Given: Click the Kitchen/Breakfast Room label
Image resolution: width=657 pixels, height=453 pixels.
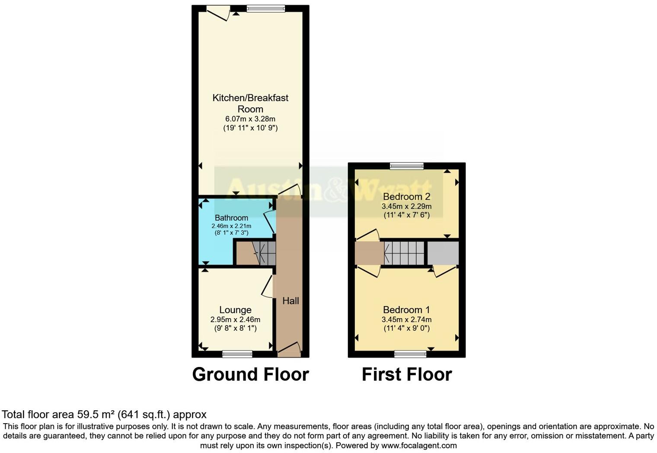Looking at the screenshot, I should point(250,103).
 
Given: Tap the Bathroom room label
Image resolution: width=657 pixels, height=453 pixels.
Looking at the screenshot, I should point(231,218).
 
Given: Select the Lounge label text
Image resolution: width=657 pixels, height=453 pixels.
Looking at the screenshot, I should point(235,310).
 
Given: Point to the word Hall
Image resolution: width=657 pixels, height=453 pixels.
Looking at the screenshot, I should point(290,301).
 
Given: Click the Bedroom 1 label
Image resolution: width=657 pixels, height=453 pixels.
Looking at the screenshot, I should point(406,310).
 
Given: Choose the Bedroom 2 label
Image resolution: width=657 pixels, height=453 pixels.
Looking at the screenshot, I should point(406,197).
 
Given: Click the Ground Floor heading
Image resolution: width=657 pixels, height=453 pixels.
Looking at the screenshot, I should point(250,374).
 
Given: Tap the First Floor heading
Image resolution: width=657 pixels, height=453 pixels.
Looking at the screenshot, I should point(406,374).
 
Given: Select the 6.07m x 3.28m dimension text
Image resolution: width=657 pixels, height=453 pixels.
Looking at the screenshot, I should point(250,119).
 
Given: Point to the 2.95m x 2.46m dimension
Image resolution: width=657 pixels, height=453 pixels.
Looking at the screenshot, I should point(235,320).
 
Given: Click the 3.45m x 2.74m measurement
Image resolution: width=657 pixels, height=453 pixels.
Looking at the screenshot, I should point(406,320).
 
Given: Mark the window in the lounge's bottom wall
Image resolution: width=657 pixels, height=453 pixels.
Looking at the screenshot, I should point(237,354).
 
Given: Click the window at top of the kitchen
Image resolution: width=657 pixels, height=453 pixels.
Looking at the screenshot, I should point(266,8).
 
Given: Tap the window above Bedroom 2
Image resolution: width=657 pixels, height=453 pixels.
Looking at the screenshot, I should point(406,166).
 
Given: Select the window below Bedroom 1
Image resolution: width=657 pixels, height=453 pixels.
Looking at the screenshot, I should point(410,354).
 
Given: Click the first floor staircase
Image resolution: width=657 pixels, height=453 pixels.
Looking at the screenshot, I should point(404,253).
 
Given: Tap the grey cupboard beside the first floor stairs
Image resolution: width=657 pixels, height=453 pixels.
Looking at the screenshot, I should point(443,253).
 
